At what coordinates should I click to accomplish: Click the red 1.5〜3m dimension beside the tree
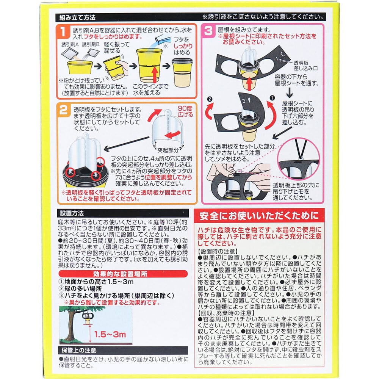click(x=111, y=334)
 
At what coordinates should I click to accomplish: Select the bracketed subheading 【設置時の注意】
click(x=217, y=251)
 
